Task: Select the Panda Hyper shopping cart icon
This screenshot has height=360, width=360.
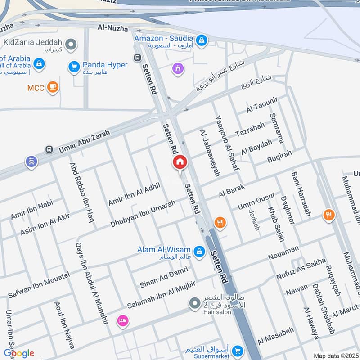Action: pyautogui.click(x=73, y=67)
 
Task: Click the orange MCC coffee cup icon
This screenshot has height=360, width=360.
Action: pyautogui.click(x=53, y=87)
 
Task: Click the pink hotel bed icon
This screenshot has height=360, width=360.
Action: pyautogui.click(x=122, y=321)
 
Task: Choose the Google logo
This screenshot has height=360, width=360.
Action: pyautogui.click(x=19, y=353)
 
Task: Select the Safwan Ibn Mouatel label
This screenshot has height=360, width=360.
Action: pyautogui.click(x=39, y=285)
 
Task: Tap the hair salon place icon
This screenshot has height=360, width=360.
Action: pyautogui.click(x=194, y=304)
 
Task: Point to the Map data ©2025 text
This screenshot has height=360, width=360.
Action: pyautogui.click(x=336, y=356)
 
